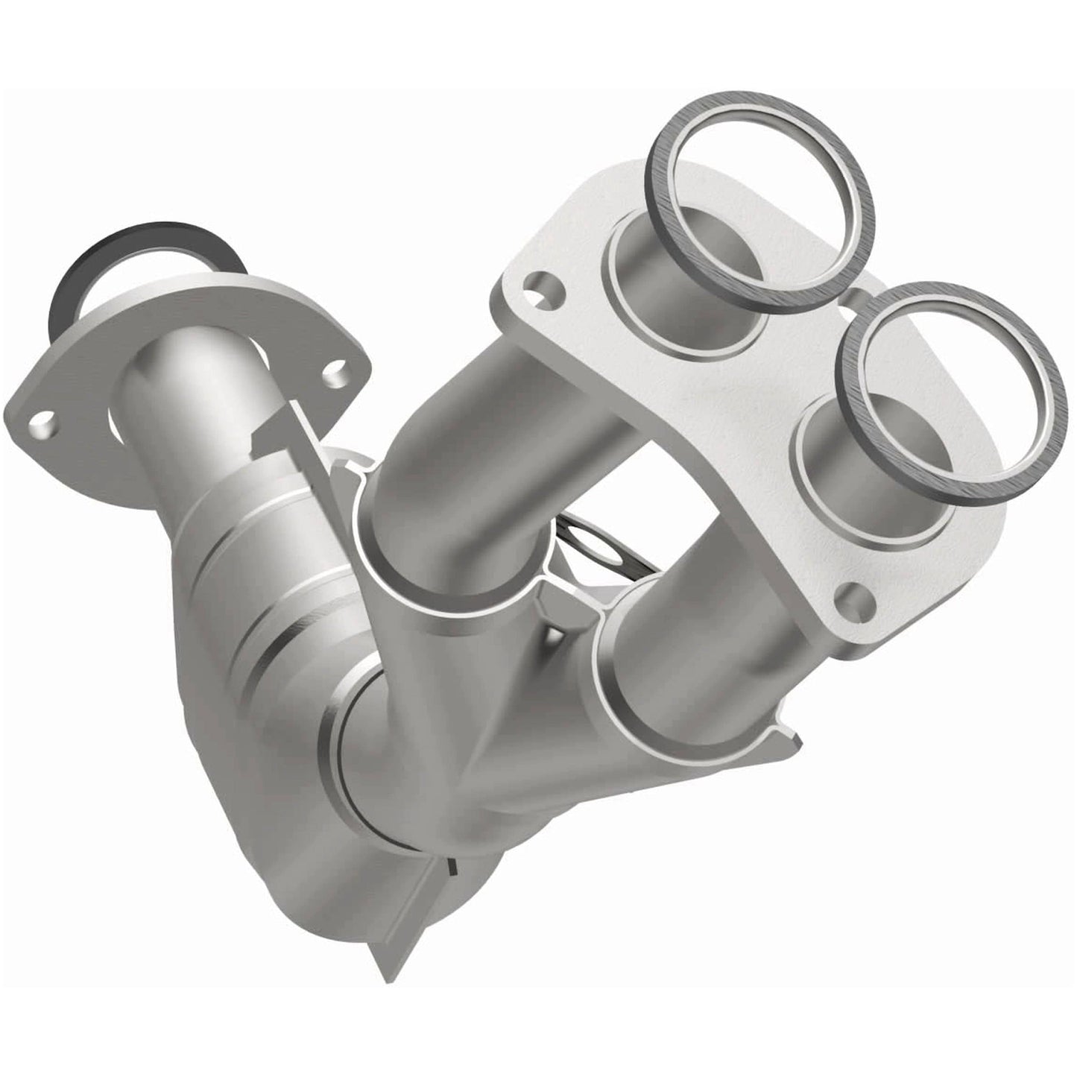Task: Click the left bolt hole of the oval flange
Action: tap(43, 426)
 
